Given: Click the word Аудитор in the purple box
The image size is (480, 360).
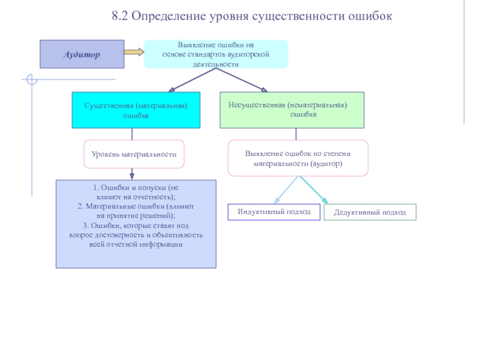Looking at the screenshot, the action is coord(82,55).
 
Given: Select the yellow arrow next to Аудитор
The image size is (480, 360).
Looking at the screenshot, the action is coord(134,52).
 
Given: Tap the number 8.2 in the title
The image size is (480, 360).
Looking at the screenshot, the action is coord(119,16).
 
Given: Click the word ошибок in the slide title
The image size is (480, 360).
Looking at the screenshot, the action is coord(370,16).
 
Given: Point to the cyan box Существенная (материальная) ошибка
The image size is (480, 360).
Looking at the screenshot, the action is coord(136,110).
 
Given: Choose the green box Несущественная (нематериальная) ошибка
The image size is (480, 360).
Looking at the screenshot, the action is coord(292,110).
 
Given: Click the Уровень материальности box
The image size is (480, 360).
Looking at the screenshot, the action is coord(134,154).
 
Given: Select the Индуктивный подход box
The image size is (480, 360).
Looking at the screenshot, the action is coord(274,212).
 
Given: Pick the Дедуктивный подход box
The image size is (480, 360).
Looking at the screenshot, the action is coord(370,212).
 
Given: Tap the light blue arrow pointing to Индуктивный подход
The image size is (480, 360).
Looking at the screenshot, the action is coord(286,190).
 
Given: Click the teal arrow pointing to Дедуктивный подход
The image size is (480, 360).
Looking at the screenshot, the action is coord(314,190).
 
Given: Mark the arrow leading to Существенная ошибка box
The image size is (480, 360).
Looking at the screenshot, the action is coord(192,80).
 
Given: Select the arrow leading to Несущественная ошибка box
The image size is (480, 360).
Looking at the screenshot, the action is coord(242,80).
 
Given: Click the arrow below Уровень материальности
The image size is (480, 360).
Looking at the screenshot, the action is coord(132,174).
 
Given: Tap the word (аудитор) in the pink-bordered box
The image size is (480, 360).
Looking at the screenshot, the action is coord(326,164).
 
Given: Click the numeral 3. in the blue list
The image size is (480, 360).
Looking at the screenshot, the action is coord(86,226).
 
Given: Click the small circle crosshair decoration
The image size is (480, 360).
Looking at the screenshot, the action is coord(32,80).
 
